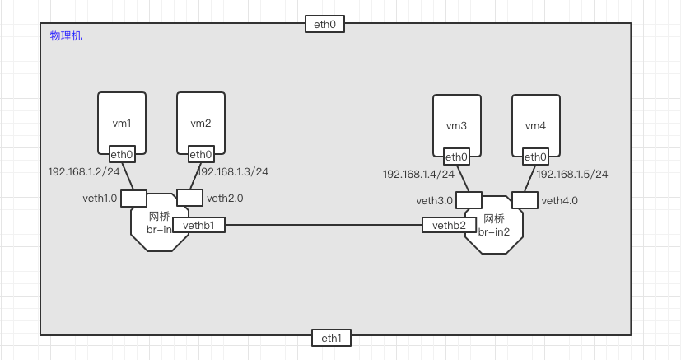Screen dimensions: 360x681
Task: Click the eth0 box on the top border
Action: click(x=324, y=24)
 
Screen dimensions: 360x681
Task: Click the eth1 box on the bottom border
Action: click(x=331, y=337)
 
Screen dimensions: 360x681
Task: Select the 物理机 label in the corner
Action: click(x=66, y=36)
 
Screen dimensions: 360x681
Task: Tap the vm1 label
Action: click(x=122, y=124)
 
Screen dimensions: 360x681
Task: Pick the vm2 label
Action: click(x=201, y=124)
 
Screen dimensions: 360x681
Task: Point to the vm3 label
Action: click(x=456, y=126)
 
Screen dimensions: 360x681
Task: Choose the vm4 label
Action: click(x=535, y=126)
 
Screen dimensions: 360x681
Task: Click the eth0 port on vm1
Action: click(x=122, y=154)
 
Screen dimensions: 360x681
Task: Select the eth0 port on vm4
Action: click(x=535, y=157)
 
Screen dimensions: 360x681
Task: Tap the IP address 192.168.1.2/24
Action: click(x=84, y=172)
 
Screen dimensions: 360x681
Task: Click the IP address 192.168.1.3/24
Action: click(x=233, y=172)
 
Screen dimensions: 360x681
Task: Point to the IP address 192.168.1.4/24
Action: click(x=418, y=175)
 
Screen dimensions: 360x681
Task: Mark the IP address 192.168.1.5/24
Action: click(x=572, y=175)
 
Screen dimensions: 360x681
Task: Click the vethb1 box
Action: click(x=198, y=225)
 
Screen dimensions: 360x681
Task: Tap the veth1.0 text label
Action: click(x=100, y=199)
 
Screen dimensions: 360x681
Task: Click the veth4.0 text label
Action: click(x=560, y=200)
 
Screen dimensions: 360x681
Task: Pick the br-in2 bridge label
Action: click(x=495, y=232)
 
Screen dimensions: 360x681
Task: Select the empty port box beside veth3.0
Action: click(x=469, y=200)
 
